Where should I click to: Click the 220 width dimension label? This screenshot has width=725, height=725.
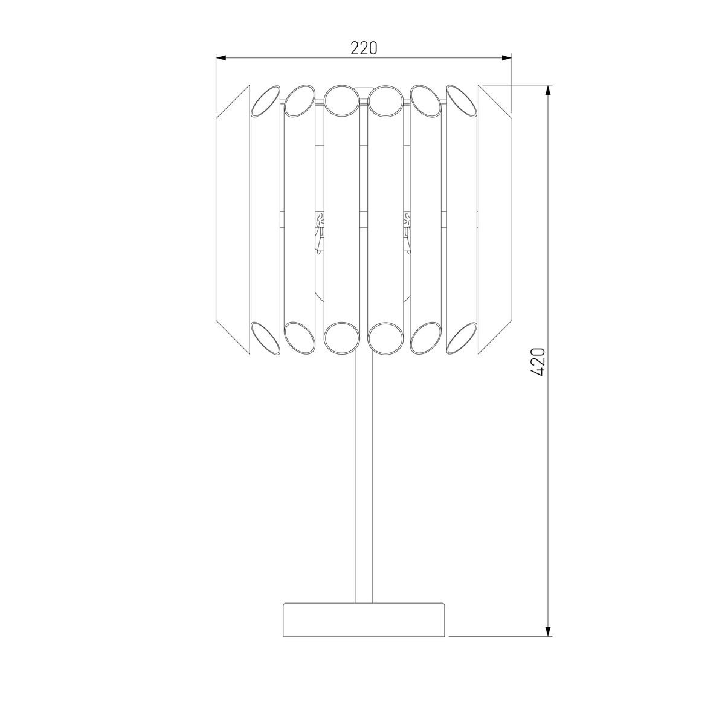[x=364, y=48]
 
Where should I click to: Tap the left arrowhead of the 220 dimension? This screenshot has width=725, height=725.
[x=221, y=58]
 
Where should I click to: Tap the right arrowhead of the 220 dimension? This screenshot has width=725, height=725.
[x=507, y=58]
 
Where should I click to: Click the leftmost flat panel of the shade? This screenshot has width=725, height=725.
[x=233, y=219]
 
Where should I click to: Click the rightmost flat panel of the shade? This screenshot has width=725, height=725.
[x=495, y=219]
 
